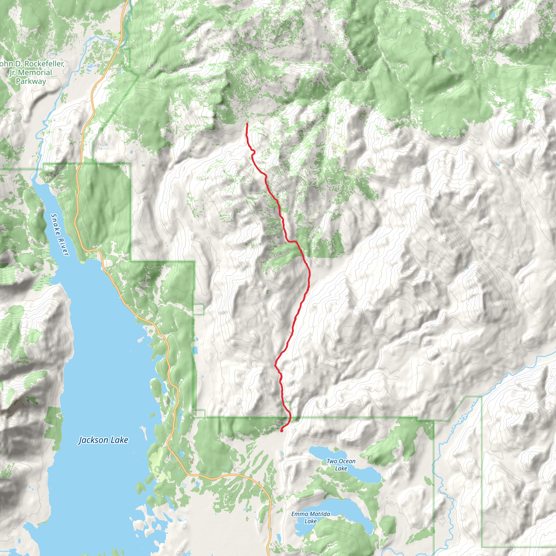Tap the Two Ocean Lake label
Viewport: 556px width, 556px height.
pos(341,465)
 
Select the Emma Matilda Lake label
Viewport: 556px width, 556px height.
pos(311,517)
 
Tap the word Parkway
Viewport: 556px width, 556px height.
pos(31,81)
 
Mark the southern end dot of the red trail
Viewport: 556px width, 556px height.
pos(282,431)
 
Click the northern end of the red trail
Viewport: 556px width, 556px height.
pos(247,124)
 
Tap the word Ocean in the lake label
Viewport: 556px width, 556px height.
pos(347,461)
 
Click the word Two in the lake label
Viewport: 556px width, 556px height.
pos(332,461)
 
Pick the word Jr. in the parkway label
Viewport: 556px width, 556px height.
pos(12,72)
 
